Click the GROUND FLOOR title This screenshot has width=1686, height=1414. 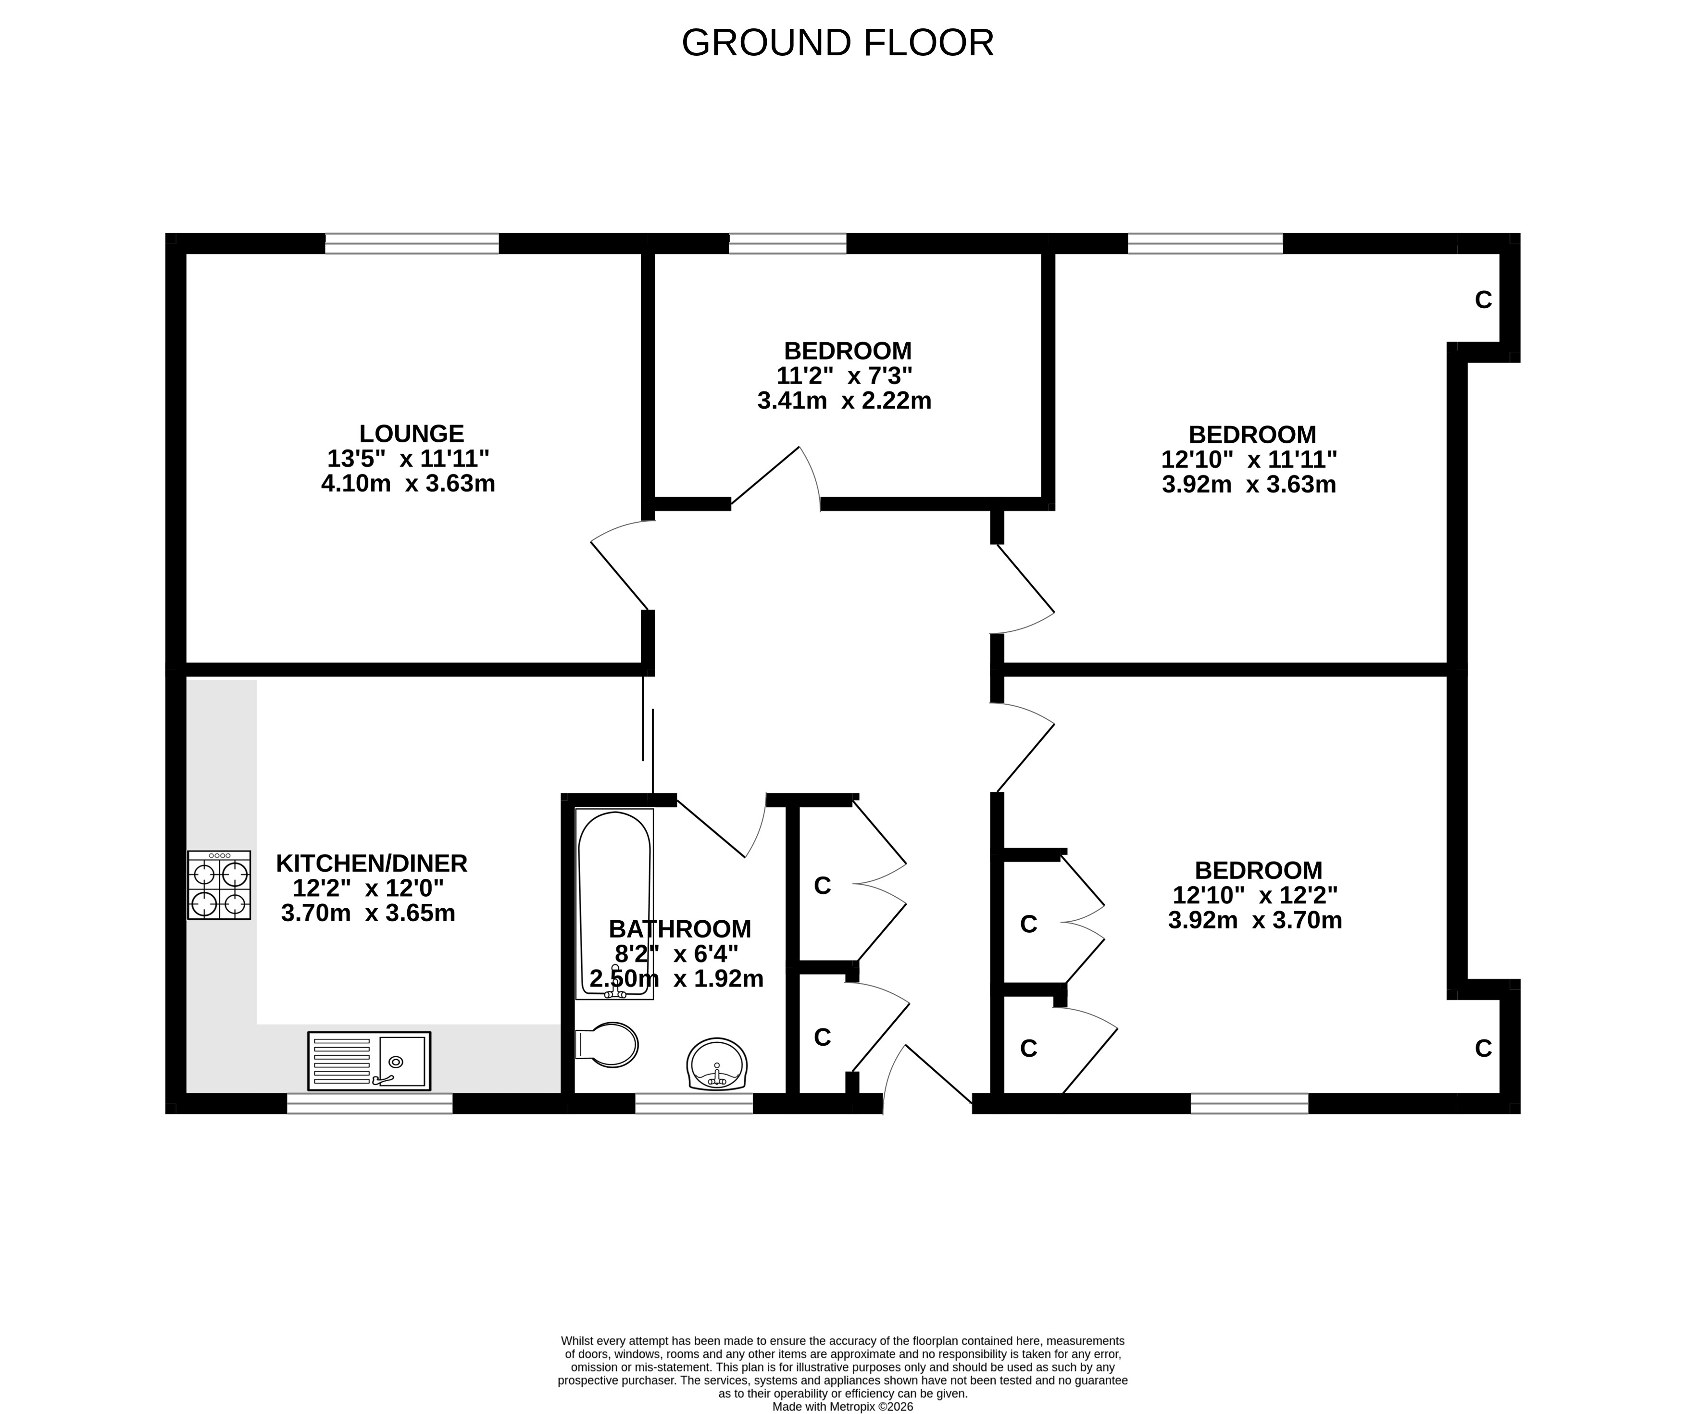[x=837, y=43]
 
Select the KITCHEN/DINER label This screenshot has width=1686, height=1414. [x=371, y=863]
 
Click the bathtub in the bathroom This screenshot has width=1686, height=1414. [x=614, y=904]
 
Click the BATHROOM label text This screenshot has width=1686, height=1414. [x=680, y=929]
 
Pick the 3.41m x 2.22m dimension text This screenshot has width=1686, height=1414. [x=845, y=400]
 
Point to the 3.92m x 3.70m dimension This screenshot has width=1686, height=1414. [x=1255, y=920]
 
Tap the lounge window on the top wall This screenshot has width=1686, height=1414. [x=412, y=243]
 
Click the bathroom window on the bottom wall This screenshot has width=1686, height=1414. [x=695, y=1104]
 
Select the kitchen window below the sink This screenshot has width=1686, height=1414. [x=370, y=1104]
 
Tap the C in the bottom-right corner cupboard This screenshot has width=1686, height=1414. [x=1484, y=1049]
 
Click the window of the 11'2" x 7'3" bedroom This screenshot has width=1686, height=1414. [x=787, y=243]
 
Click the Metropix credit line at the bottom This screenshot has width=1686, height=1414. [x=843, y=1407]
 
